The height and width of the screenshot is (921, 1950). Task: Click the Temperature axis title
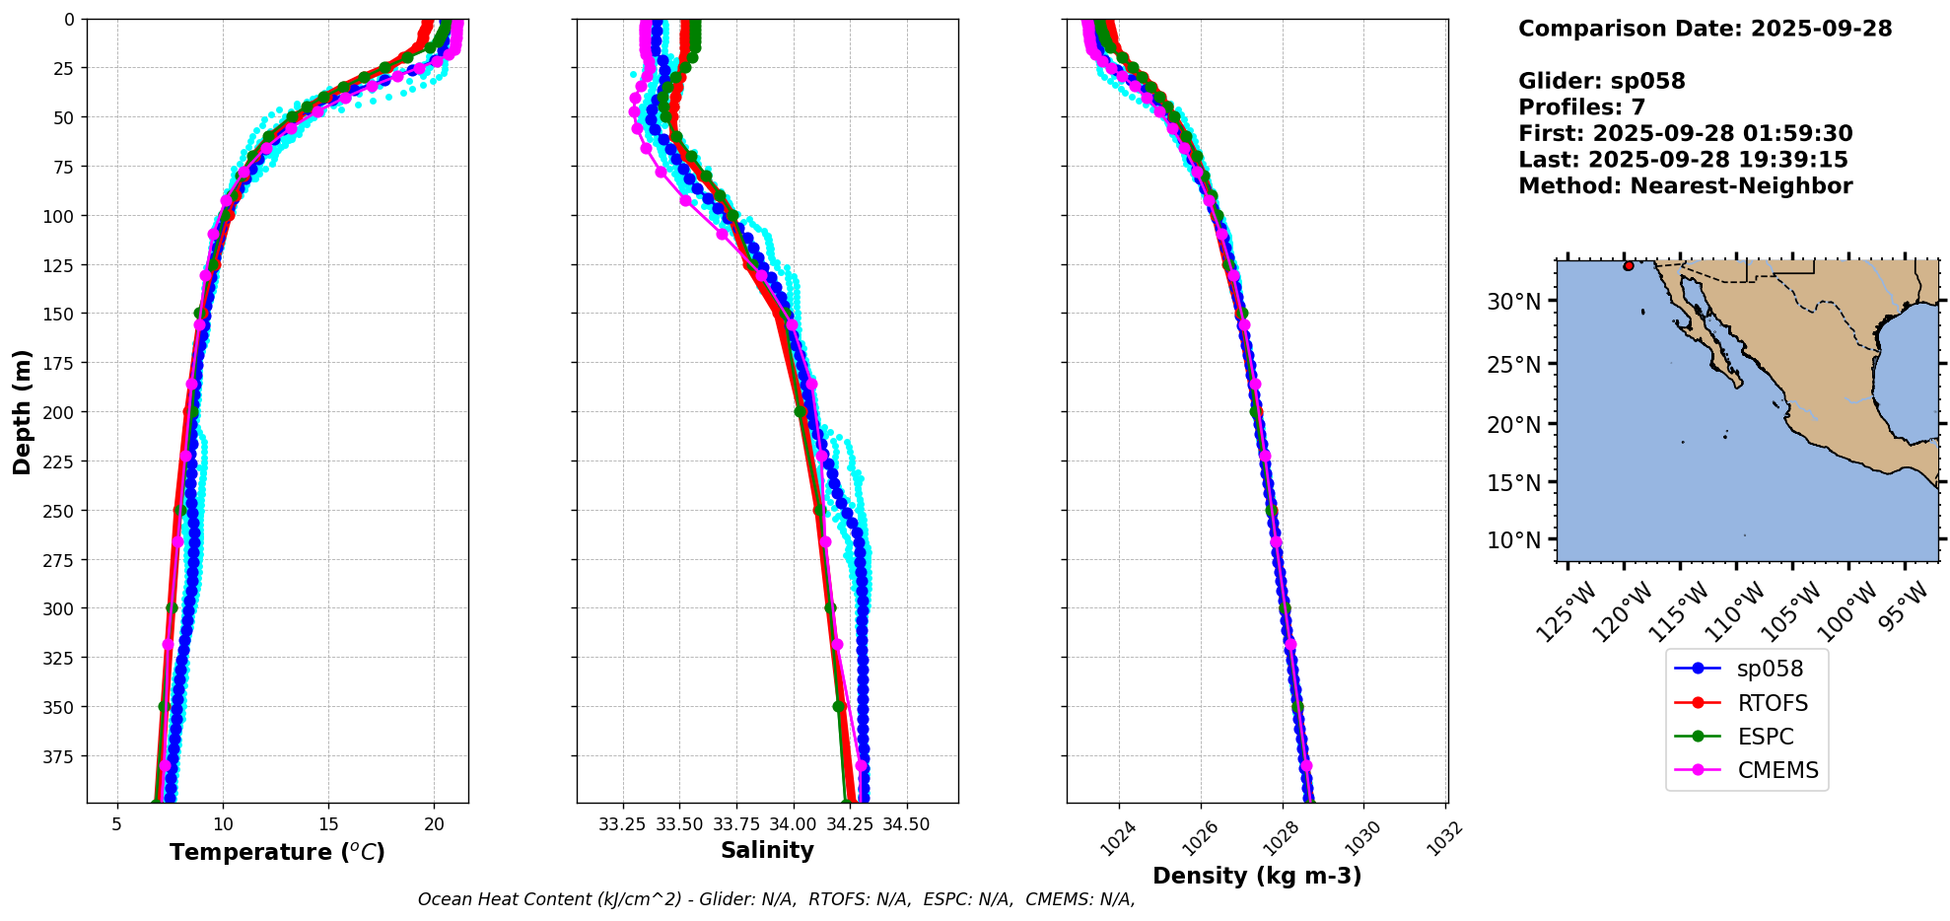[x=277, y=852]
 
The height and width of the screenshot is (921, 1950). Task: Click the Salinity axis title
[x=767, y=850]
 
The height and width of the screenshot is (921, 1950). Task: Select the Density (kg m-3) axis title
[x=1257, y=876]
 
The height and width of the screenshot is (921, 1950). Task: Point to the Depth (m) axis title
[x=22, y=411]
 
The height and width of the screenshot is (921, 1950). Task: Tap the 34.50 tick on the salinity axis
[x=906, y=824]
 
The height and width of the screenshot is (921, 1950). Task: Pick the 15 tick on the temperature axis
[x=328, y=824]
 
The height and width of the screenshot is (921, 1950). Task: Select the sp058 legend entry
[x=1770, y=669]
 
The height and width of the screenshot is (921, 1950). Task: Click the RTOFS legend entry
[x=1772, y=703]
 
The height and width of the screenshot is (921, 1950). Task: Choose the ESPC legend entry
[x=1765, y=737]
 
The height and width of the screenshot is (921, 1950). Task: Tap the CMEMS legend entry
[x=1777, y=770]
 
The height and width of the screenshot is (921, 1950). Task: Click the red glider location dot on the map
[x=1628, y=266]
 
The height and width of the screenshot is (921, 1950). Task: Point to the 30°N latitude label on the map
[x=1513, y=302]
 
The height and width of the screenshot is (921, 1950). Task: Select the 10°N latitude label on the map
[x=1513, y=540]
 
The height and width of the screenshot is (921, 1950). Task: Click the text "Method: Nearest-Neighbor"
[x=1685, y=186]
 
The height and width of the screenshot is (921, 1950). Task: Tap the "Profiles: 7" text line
[x=1581, y=107]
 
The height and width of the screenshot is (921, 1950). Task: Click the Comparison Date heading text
[x=1705, y=29]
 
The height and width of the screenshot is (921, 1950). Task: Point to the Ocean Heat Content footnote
[x=776, y=899]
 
